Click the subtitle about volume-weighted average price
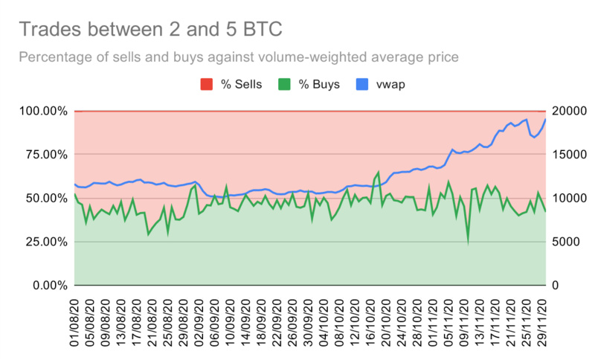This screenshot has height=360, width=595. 238,57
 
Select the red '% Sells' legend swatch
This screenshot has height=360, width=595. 207,84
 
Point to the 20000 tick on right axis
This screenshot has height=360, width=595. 567,111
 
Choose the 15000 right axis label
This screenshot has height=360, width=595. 567,155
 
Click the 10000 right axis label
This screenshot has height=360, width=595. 567,199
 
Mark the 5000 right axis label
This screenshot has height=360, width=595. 564,242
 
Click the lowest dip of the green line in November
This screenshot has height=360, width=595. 468,242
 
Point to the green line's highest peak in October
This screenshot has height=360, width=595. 379,172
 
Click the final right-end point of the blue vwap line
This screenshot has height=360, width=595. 545,119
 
